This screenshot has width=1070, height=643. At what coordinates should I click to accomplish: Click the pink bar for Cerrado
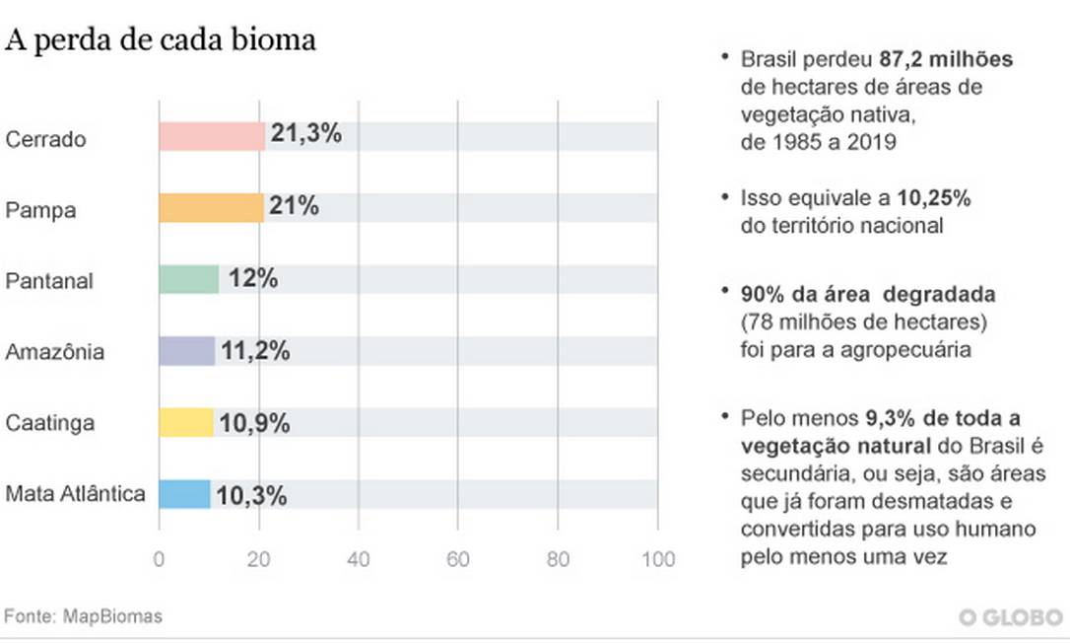(212, 137)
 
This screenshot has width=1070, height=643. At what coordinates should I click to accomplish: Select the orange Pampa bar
(211, 208)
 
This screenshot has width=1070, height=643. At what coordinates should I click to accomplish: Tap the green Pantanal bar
(188, 280)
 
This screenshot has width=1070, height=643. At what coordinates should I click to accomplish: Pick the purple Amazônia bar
(186, 351)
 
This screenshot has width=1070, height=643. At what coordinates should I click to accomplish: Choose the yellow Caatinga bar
(185, 423)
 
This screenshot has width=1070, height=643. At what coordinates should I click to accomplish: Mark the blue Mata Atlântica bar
(184, 494)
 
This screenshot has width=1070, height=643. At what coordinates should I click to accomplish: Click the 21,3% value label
(306, 134)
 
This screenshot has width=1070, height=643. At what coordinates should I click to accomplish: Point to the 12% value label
(253, 279)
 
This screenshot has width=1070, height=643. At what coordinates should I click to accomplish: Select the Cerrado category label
(45, 139)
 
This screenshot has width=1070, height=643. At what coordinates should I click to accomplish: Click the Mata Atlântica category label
(75, 494)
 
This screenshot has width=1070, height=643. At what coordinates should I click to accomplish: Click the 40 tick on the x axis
(359, 559)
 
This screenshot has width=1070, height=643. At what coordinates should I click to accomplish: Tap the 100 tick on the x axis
(657, 559)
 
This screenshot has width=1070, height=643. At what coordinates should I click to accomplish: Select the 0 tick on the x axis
(160, 559)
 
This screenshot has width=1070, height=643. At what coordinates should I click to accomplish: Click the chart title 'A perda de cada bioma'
(161, 40)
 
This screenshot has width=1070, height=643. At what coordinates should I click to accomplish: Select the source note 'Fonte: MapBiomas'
(84, 616)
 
